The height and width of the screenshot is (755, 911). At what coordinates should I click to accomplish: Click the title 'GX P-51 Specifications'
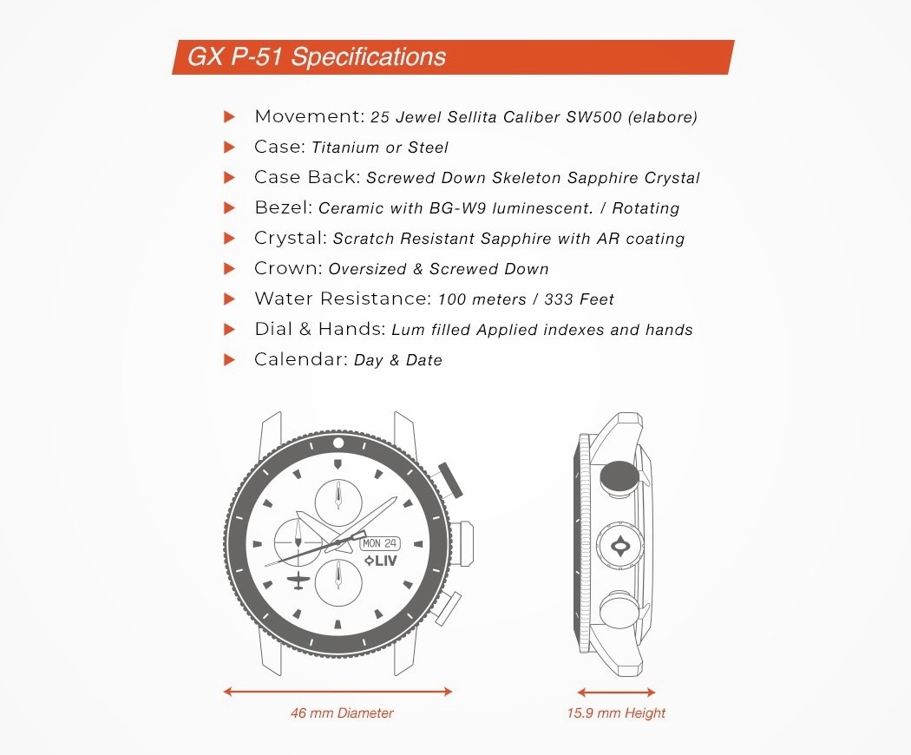pyautogui.click(x=317, y=57)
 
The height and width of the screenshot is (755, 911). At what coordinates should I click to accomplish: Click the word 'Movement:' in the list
pyautogui.click(x=310, y=116)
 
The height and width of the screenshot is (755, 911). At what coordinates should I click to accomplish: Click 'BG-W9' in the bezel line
pyautogui.click(x=457, y=208)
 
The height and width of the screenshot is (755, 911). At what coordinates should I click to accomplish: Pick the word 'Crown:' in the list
pyautogui.click(x=288, y=268)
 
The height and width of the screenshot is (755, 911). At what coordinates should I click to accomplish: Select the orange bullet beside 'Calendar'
pyautogui.click(x=230, y=360)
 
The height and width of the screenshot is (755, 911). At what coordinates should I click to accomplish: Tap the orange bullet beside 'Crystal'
pyautogui.click(x=230, y=239)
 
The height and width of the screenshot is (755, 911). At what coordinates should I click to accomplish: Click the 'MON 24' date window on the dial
pyautogui.click(x=380, y=543)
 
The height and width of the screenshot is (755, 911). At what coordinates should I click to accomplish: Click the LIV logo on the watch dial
pyautogui.click(x=381, y=561)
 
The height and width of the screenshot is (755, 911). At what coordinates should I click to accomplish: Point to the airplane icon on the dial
pyautogui.click(x=298, y=581)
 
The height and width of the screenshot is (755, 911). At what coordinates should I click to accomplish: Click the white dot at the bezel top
pyautogui.click(x=338, y=443)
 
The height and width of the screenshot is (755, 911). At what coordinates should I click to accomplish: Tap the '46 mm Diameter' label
pyautogui.click(x=342, y=712)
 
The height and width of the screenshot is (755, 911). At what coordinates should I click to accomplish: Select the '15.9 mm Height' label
pyautogui.click(x=616, y=712)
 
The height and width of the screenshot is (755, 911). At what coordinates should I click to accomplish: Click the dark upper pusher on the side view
pyautogui.click(x=619, y=477)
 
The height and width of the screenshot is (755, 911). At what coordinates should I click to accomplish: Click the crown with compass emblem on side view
pyautogui.click(x=620, y=546)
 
